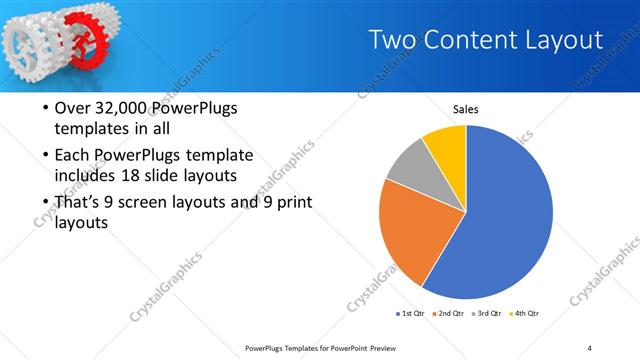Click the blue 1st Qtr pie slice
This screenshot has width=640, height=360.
point(500,220)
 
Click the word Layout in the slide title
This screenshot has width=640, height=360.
point(563,40)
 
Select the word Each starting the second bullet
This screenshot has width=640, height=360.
point(72,156)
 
